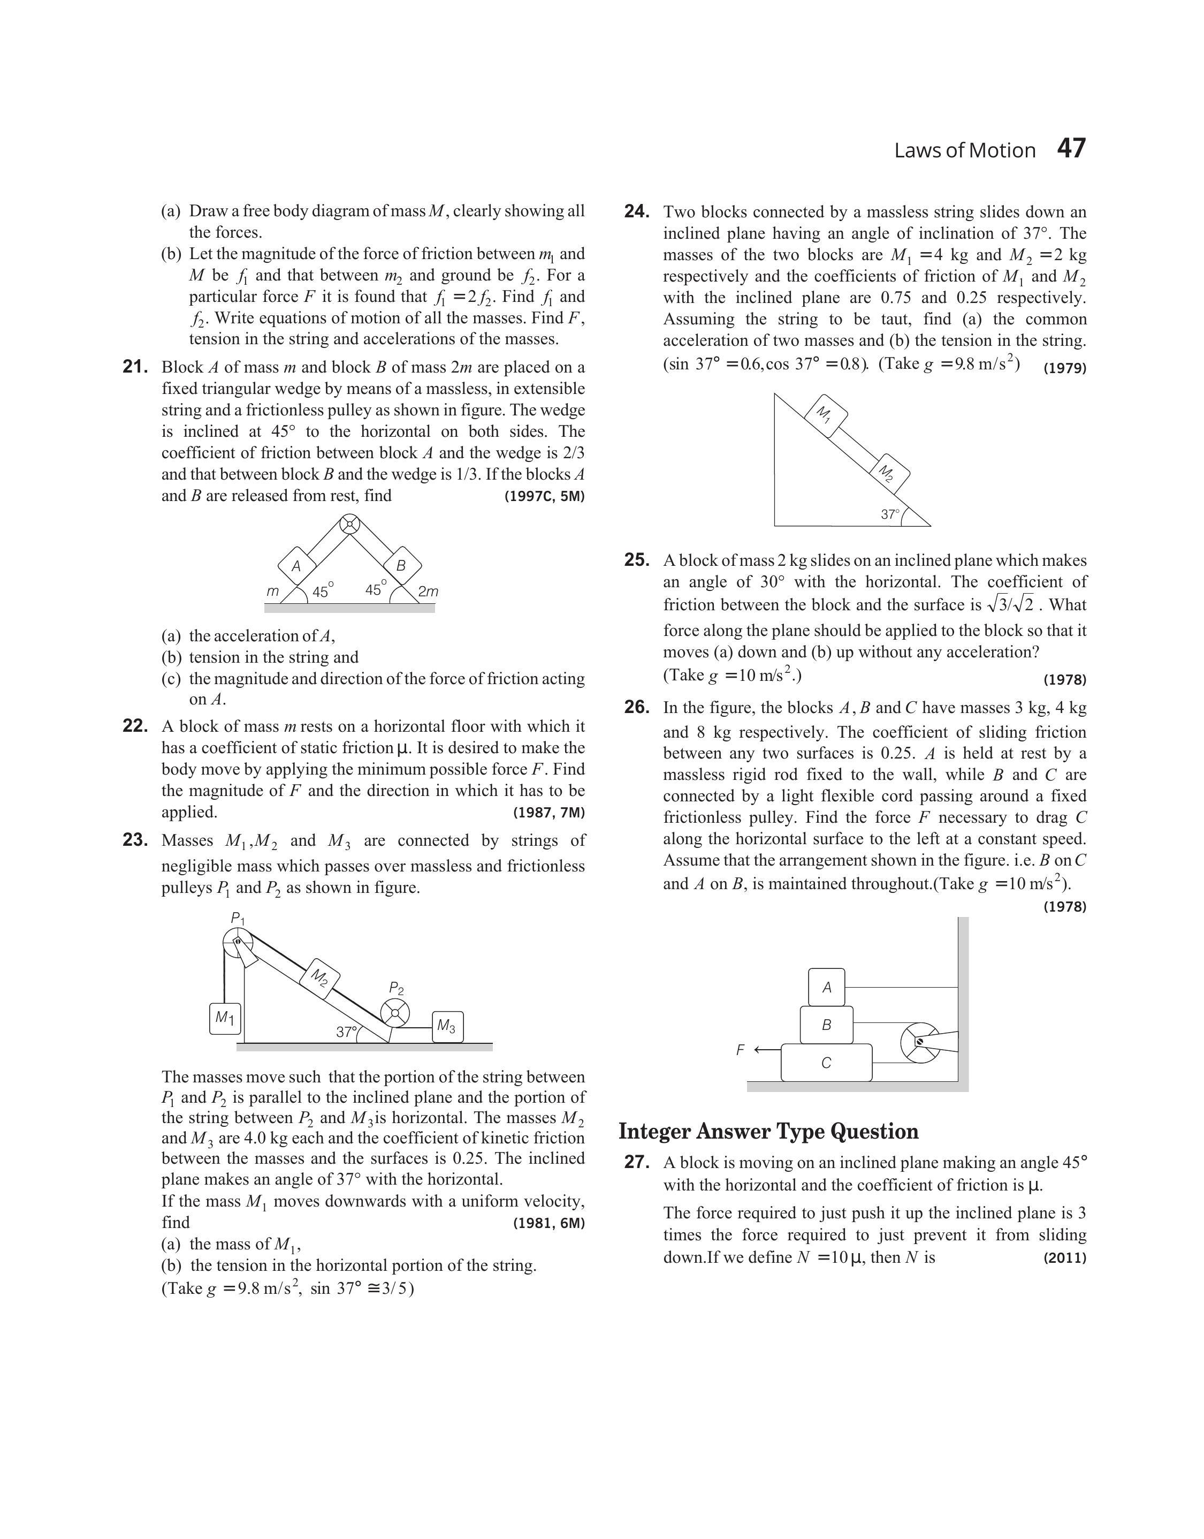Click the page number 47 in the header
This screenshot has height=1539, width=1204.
[1071, 149]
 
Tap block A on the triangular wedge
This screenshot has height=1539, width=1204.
[296, 565]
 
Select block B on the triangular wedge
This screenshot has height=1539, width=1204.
[402, 565]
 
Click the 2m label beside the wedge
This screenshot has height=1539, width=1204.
[428, 592]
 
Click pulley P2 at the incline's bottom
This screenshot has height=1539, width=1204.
[395, 1014]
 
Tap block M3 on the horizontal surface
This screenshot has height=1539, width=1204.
[447, 1027]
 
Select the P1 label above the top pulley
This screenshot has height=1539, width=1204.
[238, 918]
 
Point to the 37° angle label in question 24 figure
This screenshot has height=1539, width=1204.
[889, 514]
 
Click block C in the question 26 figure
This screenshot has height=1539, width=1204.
[826, 1063]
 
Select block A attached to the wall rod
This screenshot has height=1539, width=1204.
[826, 987]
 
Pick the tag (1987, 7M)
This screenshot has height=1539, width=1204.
[549, 813]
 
